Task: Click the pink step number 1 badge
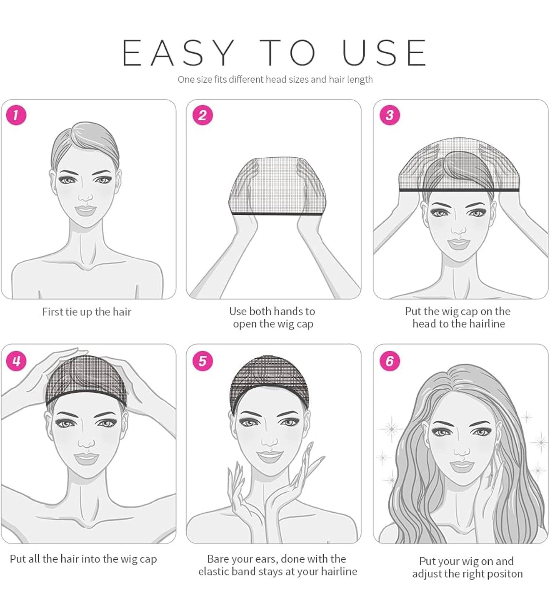[x=16, y=115]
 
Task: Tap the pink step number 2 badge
[x=202, y=115]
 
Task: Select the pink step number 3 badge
[x=390, y=115]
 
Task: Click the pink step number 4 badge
[x=16, y=361]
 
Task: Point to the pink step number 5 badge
[x=202, y=361]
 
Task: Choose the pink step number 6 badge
[x=390, y=361]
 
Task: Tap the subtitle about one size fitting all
[x=275, y=79]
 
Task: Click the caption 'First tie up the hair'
[x=87, y=312]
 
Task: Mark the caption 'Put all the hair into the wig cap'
[x=83, y=559]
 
